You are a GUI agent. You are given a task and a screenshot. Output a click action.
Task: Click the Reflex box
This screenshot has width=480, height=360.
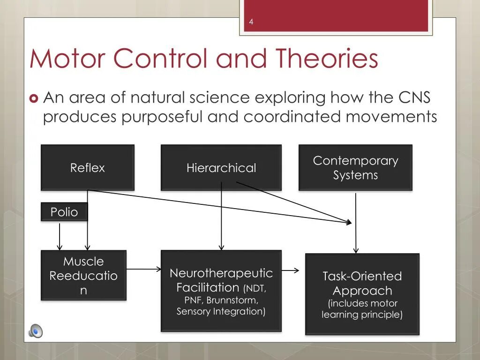coord(88,167)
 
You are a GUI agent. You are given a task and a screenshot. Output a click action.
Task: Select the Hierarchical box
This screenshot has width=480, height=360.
coord(221,167)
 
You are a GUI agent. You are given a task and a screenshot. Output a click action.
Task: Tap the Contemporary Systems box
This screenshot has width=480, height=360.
coord(355,167)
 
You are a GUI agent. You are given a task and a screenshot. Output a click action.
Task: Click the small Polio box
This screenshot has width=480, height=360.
coord(64,212)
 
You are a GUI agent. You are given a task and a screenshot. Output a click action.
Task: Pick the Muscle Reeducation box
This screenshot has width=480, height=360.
coord(83,275)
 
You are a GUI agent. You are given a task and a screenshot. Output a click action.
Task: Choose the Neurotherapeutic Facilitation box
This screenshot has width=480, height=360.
coord(221,291)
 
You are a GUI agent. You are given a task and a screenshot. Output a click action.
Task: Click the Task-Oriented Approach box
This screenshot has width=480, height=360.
coord(362,294)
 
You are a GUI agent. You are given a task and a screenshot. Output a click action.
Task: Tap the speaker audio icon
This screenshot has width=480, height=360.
coord(35,331)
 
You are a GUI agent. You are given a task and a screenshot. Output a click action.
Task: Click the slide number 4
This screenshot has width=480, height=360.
coord(251,22)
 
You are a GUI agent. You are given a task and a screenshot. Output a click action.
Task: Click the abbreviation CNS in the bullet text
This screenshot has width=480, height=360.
coord(414,97)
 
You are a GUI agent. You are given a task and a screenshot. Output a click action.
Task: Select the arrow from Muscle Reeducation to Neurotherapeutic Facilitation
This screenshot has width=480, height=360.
coord(143,269)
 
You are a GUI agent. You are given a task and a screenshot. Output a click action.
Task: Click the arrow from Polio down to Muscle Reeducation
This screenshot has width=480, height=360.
coord(60,236)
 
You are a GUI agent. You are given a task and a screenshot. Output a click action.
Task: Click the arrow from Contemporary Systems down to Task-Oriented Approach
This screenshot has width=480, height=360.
coord(356,223)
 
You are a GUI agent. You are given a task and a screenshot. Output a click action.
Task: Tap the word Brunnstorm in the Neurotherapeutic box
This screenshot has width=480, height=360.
coord(232,300)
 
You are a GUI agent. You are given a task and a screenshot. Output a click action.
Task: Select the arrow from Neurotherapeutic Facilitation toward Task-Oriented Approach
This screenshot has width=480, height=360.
coord(290,270)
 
